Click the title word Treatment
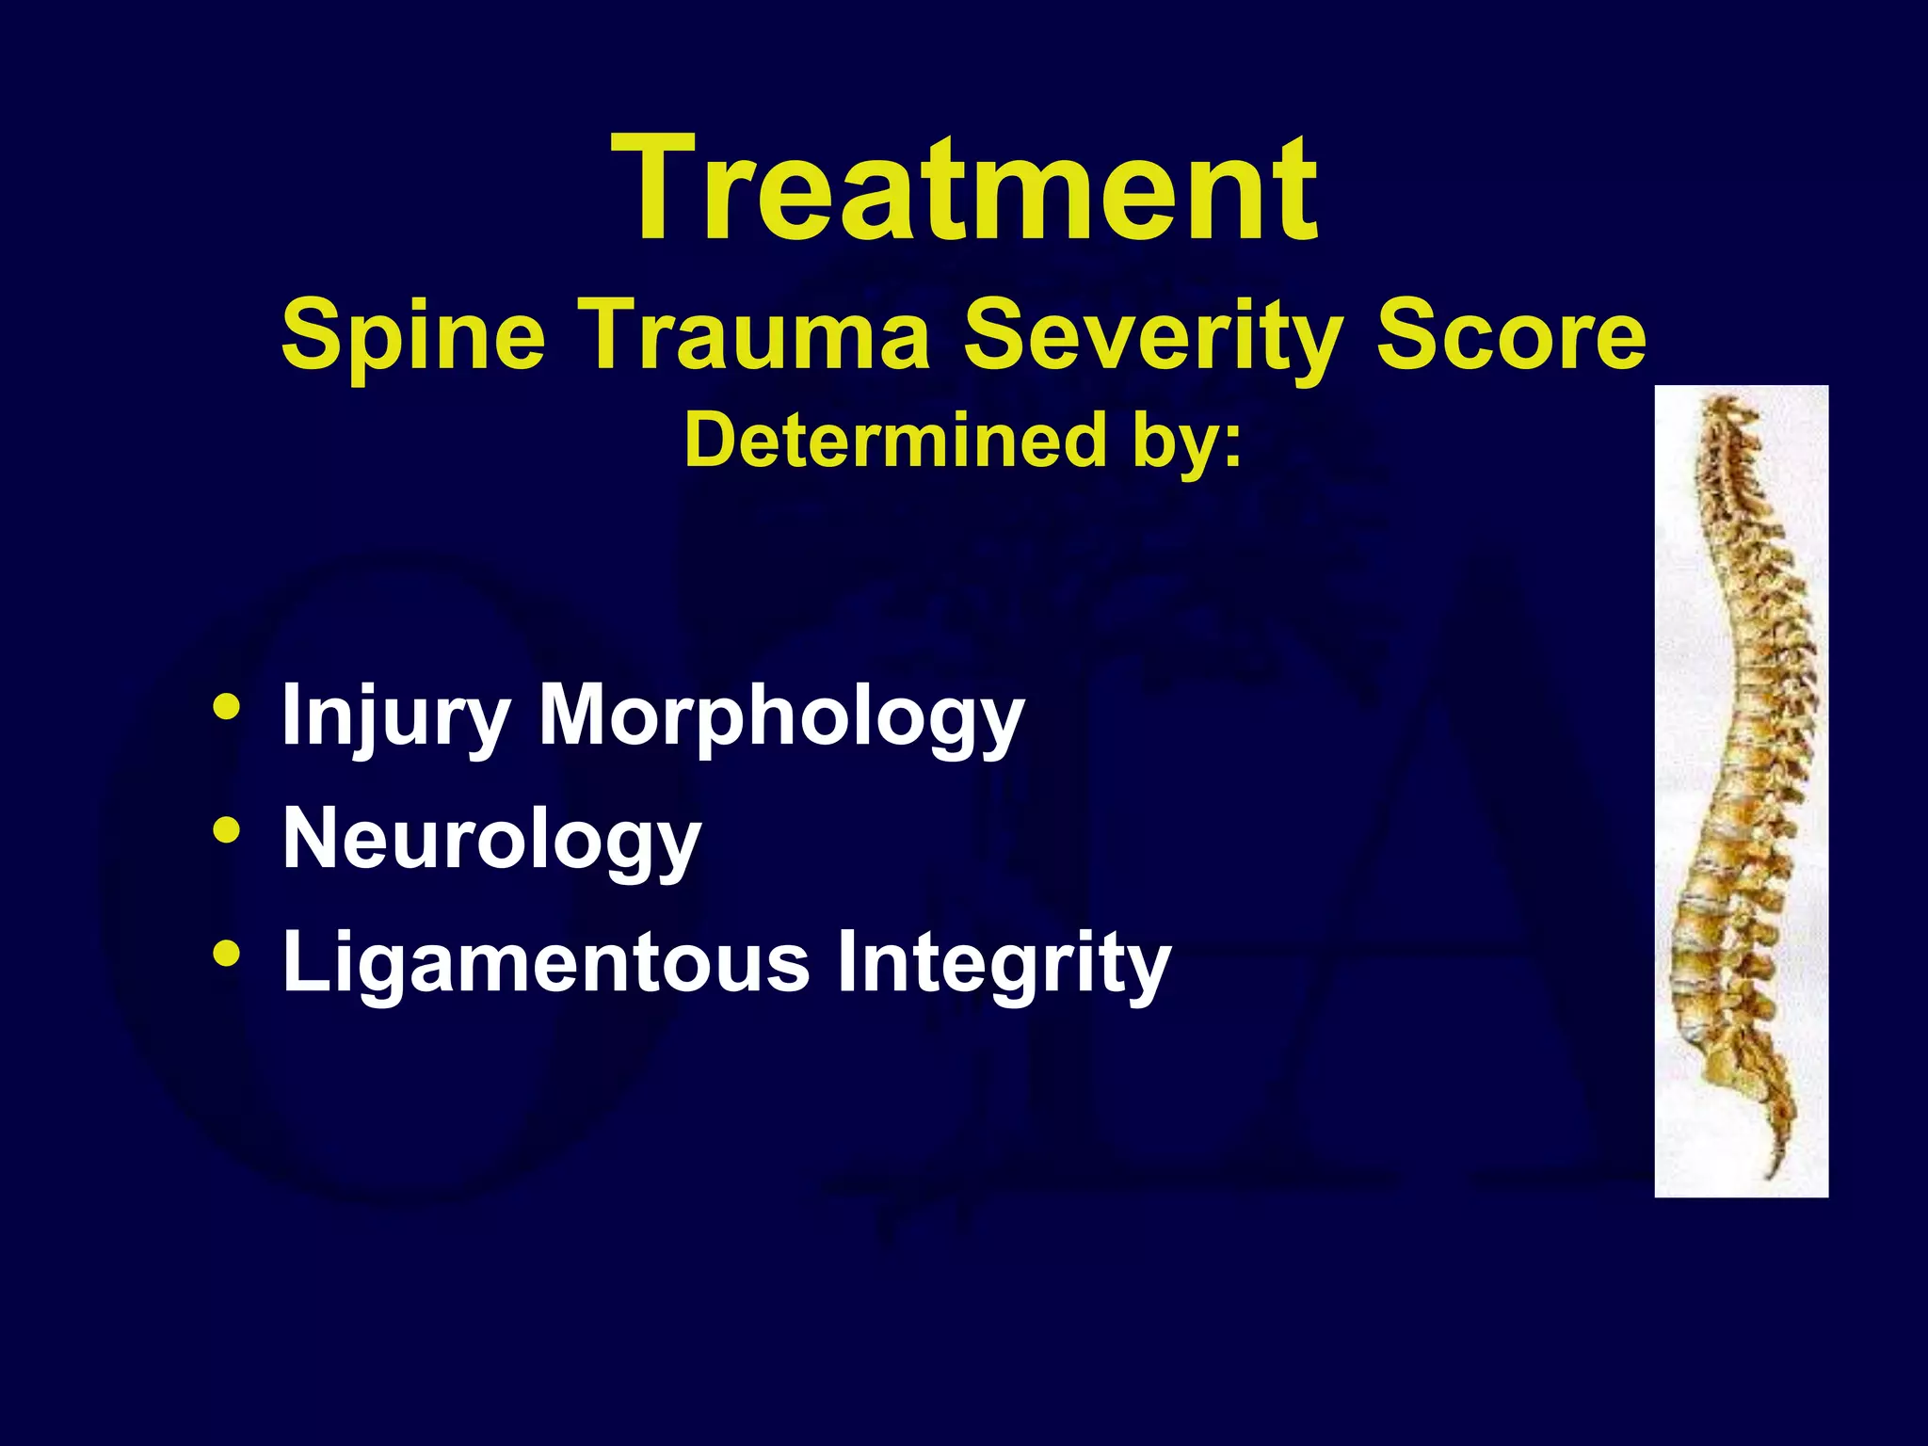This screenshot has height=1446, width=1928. coord(964,188)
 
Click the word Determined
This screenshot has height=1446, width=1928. coord(894,441)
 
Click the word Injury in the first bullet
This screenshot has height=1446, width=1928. coord(395,717)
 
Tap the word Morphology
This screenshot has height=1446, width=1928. coord(780,717)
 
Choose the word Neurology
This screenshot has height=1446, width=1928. coord(491,840)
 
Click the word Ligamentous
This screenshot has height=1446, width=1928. coord(546,962)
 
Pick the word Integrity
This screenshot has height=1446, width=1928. coord(1004,962)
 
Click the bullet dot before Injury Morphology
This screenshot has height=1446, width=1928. coord(226,708)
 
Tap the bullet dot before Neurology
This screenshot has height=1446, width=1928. coord(226,830)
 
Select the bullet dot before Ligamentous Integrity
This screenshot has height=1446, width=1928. coord(226,954)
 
